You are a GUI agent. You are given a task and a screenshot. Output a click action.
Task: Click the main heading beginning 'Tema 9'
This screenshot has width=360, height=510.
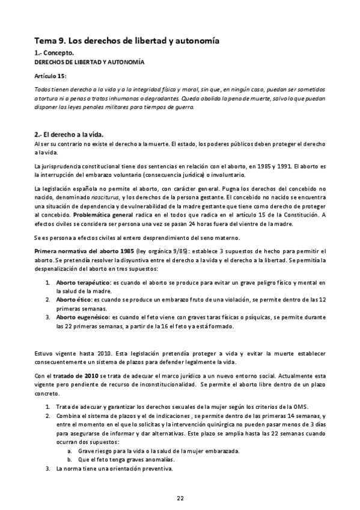(x=126, y=41)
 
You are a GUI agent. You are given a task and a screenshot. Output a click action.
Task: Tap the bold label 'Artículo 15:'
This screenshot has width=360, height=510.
(x=50, y=76)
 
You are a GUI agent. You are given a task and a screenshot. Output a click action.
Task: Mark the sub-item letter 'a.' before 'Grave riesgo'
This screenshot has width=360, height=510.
(x=70, y=450)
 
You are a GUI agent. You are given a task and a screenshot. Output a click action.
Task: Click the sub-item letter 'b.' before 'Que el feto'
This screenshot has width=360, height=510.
(x=70, y=459)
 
